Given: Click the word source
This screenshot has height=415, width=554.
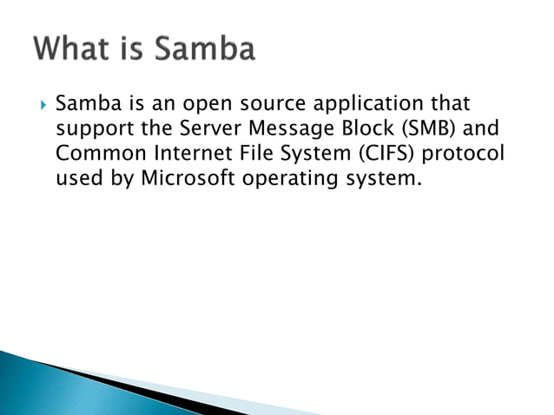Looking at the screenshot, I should tap(268, 105).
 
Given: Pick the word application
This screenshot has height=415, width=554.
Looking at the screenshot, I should tap(363, 105).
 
